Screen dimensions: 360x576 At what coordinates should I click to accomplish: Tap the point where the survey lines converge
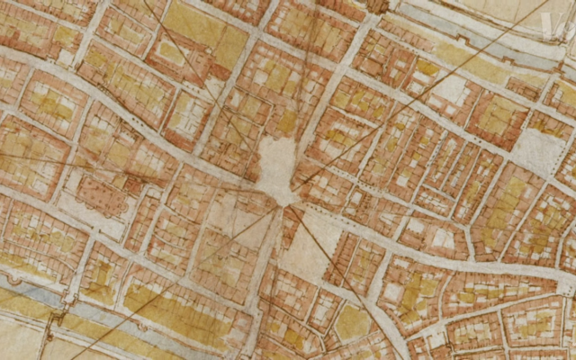click(280, 206)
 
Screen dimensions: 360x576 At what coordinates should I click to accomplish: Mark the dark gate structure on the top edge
click(377, 5)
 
